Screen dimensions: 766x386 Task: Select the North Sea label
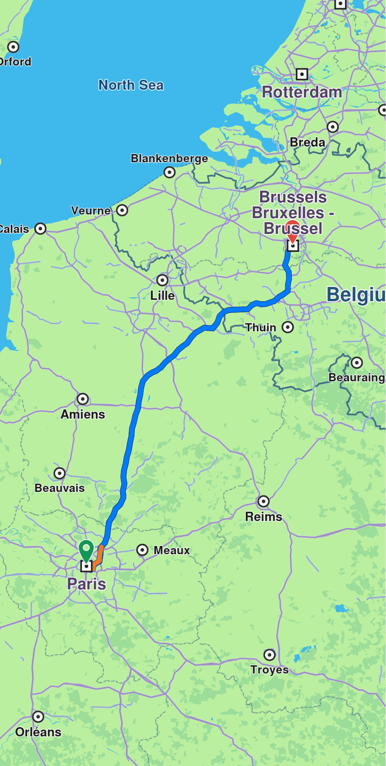click(131, 85)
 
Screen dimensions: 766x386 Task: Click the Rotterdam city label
click(302, 92)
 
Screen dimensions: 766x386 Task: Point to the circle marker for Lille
click(163, 280)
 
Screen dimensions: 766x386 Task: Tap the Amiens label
click(83, 414)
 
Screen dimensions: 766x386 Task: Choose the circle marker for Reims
click(264, 501)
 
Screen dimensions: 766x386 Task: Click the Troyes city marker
click(269, 655)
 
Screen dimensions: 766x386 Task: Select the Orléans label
click(38, 732)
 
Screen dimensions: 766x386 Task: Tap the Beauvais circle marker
click(60, 473)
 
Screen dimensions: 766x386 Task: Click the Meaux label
click(172, 550)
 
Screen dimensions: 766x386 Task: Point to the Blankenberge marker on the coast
click(169, 172)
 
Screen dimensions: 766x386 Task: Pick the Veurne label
click(91, 210)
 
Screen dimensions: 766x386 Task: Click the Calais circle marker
click(40, 229)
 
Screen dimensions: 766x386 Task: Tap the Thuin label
click(261, 327)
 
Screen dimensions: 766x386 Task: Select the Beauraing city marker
click(357, 362)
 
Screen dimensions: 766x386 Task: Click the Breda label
click(308, 142)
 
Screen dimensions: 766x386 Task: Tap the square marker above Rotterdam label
click(302, 74)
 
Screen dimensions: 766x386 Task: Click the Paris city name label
click(86, 584)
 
